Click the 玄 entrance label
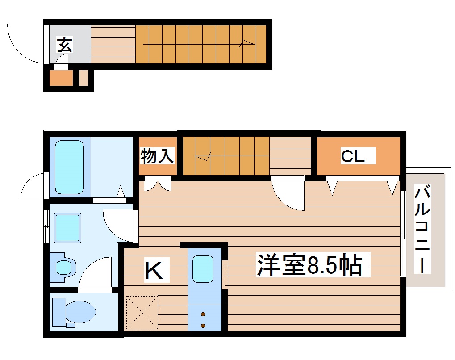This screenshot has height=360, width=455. coord(64,45)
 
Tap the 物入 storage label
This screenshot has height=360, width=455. coord(157,156)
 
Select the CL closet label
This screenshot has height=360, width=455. coord(353,156)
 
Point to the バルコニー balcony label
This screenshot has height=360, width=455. coord(422,230)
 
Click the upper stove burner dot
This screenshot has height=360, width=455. coord(203,314)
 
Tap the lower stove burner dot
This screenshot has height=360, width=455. coord(203,325)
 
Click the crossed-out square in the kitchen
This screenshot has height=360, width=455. coord(142,312)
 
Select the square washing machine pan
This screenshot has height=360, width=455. coord(67,227)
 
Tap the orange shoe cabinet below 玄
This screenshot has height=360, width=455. coord(61,79)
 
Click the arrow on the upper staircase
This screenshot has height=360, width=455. coord(246,43)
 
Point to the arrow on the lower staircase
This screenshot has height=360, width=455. coord(204,157)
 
